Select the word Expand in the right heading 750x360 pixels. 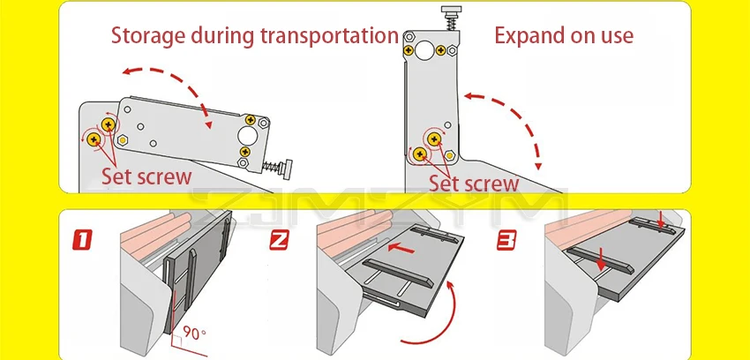tap(526, 36)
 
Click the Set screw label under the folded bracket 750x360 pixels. tap(146, 176)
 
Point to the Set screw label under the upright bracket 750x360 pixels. tap(474, 184)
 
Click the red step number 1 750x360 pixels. tap(82, 239)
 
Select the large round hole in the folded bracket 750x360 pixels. tap(249, 138)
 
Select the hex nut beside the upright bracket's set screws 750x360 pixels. tap(451, 154)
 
